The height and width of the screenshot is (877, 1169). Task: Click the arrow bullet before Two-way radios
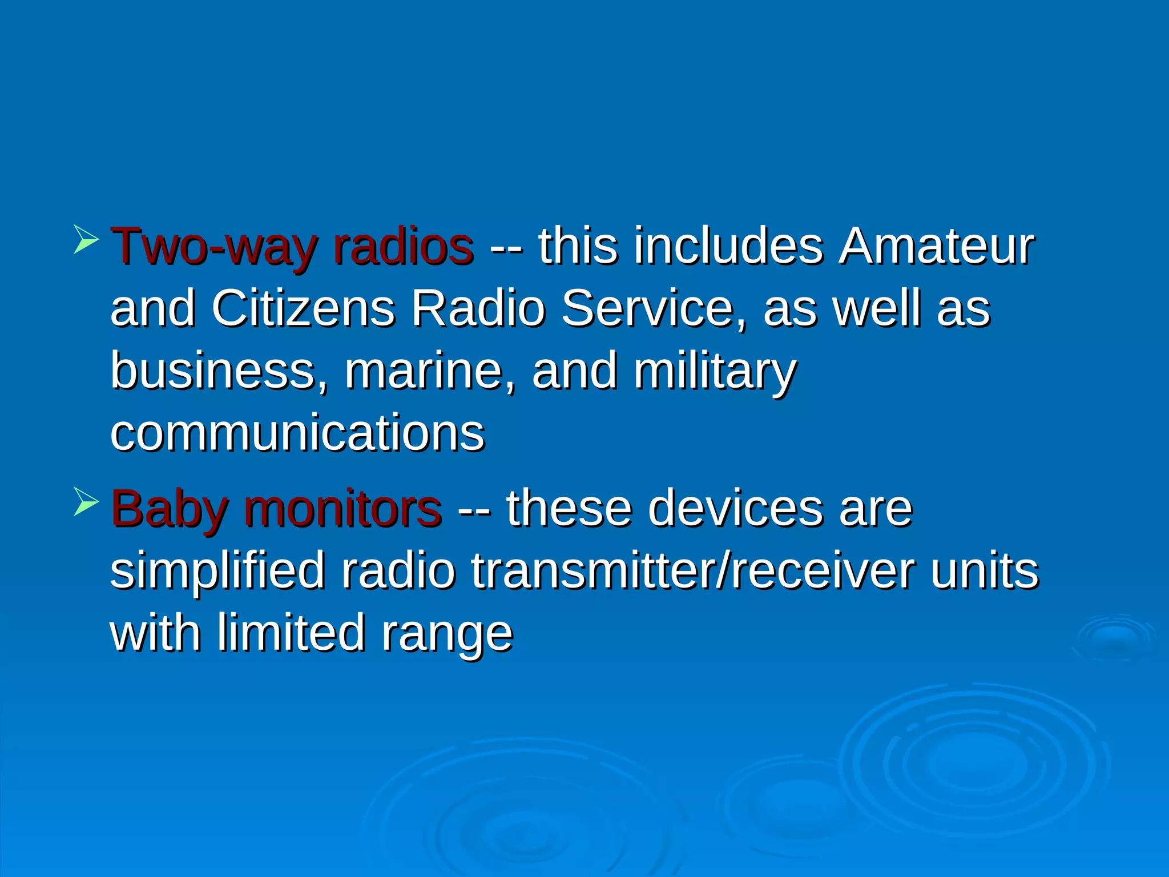pyautogui.click(x=86, y=240)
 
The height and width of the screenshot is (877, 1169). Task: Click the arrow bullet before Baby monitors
pyautogui.click(x=86, y=502)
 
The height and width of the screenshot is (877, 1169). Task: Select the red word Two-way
pyautogui.click(x=216, y=247)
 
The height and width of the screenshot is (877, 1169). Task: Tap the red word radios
pyautogui.click(x=403, y=247)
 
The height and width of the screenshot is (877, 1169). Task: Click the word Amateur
pyautogui.click(x=936, y=247)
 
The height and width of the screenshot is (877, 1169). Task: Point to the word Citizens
pyautogui.click(x=303, y=309)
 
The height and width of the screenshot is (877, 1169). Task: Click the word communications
pyautogui.click(x=297, y=433)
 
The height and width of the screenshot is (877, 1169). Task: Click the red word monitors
pyautogui.click(x=342, y=509)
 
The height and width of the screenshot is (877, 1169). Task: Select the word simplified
pyautogui.click(x=217, y=572)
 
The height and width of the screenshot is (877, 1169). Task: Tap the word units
pyautogui.click(x=985, y=572)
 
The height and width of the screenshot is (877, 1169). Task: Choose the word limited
pyautogui.click(x=291, y=633)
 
